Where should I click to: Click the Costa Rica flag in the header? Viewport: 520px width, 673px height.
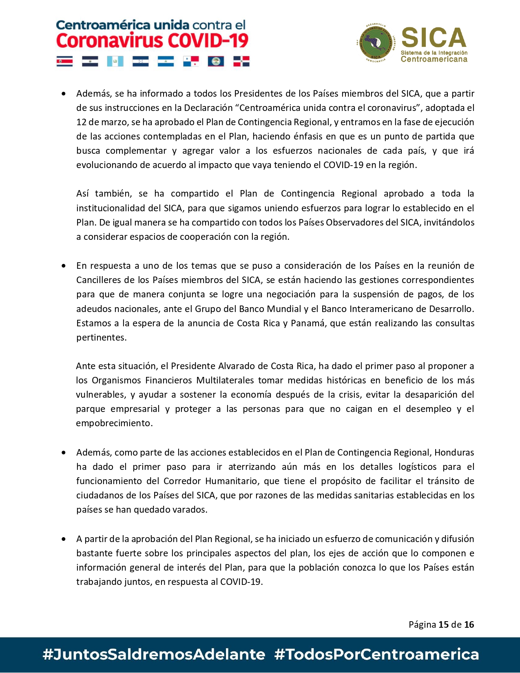[64, 61]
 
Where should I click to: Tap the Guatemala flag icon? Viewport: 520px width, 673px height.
[115, 61]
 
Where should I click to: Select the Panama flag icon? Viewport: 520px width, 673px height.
[191, 61]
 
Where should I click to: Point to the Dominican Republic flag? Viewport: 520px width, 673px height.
[241, 61]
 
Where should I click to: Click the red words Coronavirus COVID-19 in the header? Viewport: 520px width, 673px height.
[152, 41]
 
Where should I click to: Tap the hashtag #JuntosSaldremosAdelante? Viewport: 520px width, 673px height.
[154, 654]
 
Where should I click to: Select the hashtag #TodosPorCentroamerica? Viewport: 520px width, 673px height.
[376, 654]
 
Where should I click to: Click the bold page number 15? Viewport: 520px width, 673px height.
[443, 624]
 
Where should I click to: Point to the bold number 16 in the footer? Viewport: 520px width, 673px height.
[469, 624]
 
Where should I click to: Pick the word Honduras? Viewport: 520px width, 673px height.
[454, 452]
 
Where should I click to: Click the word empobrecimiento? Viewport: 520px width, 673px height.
[114, 423]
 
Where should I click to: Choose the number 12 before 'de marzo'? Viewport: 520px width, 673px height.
[81, 122]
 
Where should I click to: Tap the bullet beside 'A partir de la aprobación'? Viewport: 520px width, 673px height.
[64, 539]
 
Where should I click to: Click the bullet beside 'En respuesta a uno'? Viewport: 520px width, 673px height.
[64, 266]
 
